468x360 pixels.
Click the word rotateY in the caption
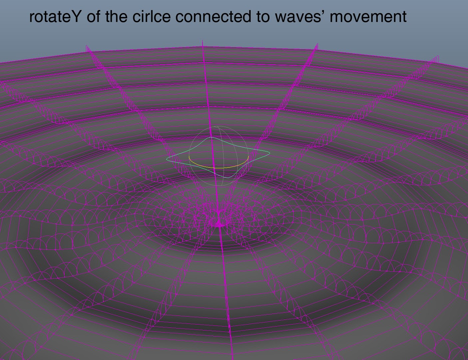tap(55, 17)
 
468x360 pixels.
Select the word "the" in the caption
tap(117, 17)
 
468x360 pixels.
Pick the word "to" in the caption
tap(263, 17)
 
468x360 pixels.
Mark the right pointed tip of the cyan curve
tap(269, 153)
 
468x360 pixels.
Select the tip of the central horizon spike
tap(203, 41)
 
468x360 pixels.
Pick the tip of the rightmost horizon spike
tap(437, 56)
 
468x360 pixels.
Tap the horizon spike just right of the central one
tap(317, 44)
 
